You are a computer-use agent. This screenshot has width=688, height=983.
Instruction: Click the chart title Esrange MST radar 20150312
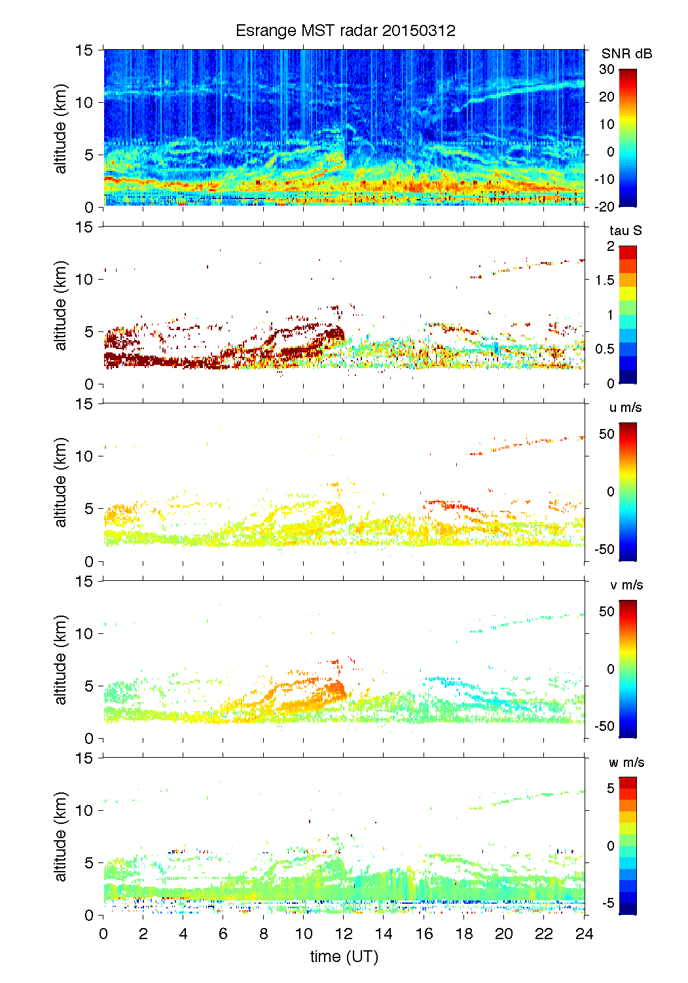(345, 31)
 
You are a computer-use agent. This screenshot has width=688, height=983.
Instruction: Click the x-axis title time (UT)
(344, 957)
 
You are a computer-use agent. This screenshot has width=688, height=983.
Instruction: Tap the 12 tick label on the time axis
(344, 934)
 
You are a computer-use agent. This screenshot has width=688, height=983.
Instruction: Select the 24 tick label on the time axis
(584, 934)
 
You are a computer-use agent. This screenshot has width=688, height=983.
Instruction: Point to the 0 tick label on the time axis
(103, 934)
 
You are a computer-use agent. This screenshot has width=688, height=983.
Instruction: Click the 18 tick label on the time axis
(464, 934)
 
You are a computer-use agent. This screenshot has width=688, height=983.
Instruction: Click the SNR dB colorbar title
(626, 54)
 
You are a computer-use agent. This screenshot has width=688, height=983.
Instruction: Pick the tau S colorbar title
(625, 231)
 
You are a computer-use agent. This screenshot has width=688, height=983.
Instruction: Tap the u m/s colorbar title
(625, 407)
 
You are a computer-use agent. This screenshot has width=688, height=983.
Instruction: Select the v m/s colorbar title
(626, 585)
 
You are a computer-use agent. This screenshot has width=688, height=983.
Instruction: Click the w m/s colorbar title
(626, 762)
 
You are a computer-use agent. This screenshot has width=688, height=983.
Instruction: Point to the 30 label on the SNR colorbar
(607, 69)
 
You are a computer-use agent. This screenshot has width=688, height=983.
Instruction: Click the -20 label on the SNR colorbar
(604, 206)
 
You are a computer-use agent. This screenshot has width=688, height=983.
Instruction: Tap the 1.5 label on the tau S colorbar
(604, 280)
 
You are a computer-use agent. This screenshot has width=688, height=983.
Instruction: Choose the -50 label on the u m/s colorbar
(604, 549)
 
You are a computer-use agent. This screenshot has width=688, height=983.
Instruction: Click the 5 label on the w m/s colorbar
(610, 788)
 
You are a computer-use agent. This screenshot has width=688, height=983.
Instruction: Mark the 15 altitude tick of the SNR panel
(85, 50)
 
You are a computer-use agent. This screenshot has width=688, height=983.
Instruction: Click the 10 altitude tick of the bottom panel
(85, 810)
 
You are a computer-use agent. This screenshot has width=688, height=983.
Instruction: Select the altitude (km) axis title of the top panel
(61, 128)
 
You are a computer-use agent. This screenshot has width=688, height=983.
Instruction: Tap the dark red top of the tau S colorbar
(627, 252)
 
